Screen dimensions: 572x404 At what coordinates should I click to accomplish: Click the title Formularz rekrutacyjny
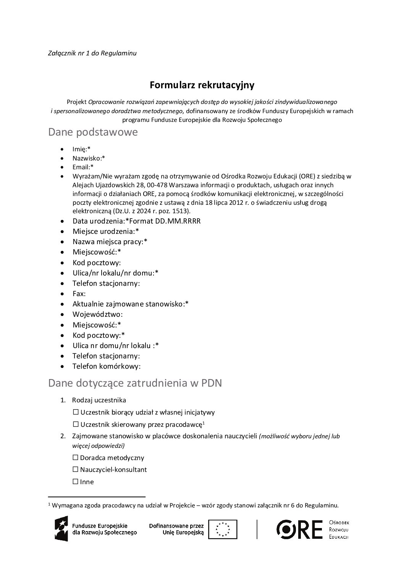(x=202, y=84)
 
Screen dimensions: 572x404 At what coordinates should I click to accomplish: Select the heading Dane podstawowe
(x=93, y=133)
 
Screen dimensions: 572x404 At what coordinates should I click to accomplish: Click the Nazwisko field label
(x=89, y=158)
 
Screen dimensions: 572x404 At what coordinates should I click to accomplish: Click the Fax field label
(x=79, y=294)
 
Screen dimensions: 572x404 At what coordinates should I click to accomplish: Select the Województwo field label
(x=97, y=314)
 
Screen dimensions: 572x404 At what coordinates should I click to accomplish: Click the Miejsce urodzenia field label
(x=106, y=232)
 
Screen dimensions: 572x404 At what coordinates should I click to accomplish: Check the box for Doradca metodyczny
(x=75, y=458)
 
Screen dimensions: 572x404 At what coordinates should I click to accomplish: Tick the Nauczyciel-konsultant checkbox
(x=75, y=470)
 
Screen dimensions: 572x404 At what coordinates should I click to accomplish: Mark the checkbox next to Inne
(x=75, y=482)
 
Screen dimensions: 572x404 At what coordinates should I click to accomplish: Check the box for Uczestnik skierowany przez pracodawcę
(x=76, y=425)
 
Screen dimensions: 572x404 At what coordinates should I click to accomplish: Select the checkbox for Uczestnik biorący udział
(x=76, y=412)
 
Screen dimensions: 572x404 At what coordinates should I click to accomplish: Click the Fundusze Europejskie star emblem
(x=61, y=529)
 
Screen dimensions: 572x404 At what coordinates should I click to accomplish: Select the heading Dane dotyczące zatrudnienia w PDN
(x=135, y=383)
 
